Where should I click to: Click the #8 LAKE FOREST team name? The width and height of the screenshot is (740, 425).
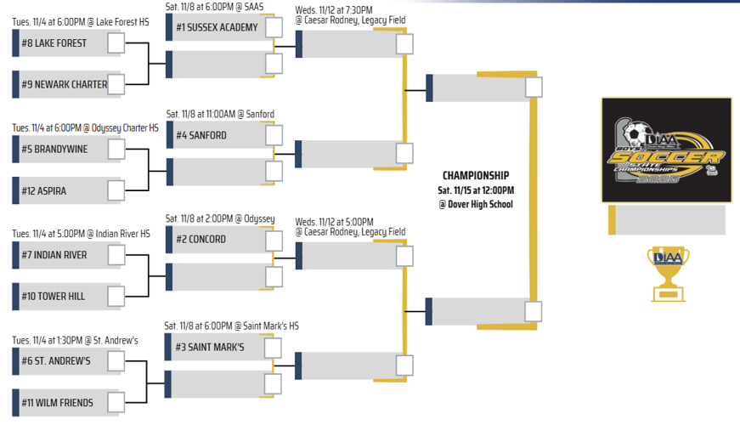click(54, 43)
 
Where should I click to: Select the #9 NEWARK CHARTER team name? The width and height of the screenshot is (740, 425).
click(65, 85)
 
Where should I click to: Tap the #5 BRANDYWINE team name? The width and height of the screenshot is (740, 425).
click(57, 150)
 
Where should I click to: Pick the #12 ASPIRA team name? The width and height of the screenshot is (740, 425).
click(44, 191)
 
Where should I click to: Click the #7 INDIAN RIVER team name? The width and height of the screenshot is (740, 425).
click(54, 255)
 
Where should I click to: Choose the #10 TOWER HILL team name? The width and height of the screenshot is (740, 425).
click(54, 297)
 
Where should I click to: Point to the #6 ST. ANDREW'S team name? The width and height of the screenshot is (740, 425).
click(56, 360)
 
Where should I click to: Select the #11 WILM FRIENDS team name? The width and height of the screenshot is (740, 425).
click(58, 402)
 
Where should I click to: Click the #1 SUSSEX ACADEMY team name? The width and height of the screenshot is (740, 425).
click(217, 27)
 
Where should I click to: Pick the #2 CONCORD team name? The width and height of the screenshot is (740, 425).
click(201, 240)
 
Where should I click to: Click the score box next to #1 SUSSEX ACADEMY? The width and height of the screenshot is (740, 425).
click(274, 27)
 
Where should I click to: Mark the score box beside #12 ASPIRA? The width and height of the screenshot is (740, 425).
click(116, 190)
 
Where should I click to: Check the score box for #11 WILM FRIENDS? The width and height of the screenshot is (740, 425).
click(116, 402)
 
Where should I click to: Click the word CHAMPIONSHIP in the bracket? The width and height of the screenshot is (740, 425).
click(476, 176)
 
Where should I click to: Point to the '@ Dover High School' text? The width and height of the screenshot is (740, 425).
click(476, 204)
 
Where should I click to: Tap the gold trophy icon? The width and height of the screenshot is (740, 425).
click(668, 274)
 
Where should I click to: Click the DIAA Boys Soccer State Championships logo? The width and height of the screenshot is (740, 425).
click(666, 150)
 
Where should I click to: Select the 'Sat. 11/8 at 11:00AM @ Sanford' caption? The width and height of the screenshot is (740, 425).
click(220, 114)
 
